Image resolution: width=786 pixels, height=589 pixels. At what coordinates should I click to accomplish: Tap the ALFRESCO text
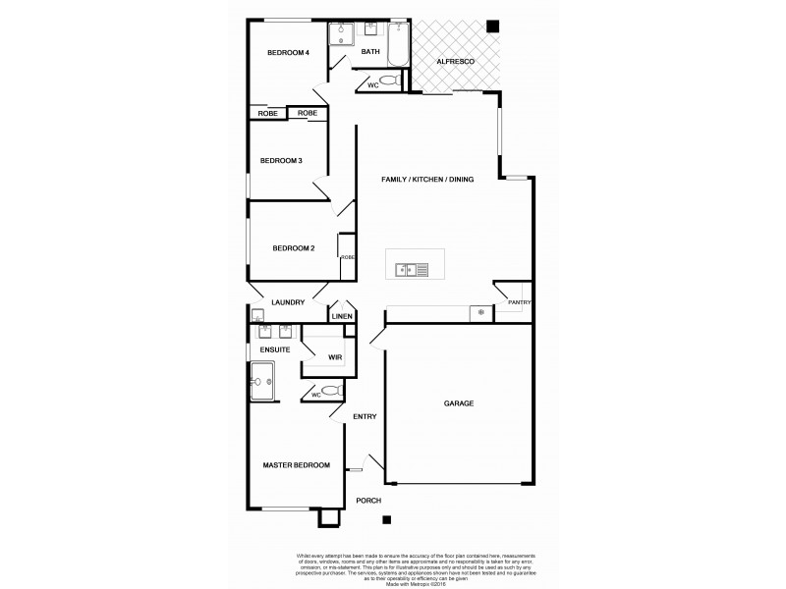pos(456,62)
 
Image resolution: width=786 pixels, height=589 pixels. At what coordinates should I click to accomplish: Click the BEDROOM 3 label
pos(280,160)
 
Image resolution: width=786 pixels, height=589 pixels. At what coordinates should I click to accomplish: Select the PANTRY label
pos(518,302)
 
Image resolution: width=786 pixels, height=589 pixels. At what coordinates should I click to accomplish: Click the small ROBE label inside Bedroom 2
pos(347,257)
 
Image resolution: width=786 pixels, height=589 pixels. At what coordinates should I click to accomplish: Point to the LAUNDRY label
pos(288,302)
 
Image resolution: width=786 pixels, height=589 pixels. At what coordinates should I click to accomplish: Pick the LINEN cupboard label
pos(341,317)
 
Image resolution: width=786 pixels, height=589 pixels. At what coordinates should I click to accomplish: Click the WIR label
pos(334,356)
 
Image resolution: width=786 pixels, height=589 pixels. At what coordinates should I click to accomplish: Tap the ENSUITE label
pos(274,349)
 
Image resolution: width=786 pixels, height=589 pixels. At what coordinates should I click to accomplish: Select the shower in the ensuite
pos(266,381)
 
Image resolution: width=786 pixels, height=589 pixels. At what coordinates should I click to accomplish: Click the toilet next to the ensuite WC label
pos(331,391)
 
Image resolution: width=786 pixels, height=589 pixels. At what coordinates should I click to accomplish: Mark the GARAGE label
pos(459,403)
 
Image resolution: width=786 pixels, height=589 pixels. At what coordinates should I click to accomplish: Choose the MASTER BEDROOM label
pos(296,464)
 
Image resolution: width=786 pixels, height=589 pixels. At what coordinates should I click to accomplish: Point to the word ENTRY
pos(365,416)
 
